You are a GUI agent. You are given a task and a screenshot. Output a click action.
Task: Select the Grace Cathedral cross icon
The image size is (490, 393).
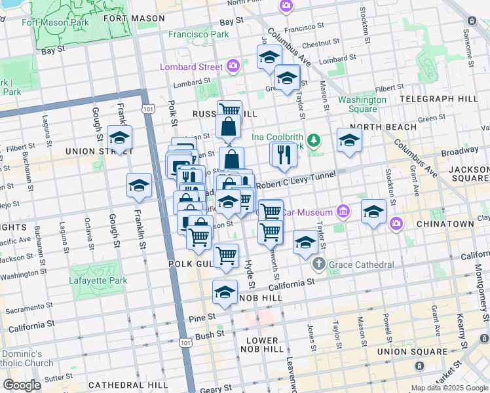[x=319, y=265]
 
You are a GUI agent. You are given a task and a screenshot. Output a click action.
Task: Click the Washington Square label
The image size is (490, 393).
[x=358, y=104]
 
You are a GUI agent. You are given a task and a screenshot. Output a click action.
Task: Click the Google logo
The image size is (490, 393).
[x=22, y=385]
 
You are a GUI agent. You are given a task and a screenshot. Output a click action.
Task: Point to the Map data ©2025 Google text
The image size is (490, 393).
[x=449, y=388]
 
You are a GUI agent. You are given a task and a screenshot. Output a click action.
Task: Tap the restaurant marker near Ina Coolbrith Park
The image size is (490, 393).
[x=283, y=155]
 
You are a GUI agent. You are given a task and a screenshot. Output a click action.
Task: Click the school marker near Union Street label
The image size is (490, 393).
[x=119, y=138]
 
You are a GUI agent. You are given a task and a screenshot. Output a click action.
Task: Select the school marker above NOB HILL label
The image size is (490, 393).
[x=225, y=291]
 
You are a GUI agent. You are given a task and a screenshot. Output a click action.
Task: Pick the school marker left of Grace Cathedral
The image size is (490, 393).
[x=305, y=242]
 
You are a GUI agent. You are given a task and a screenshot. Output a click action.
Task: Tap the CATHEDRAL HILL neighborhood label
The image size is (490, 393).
[x=124, y=384]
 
